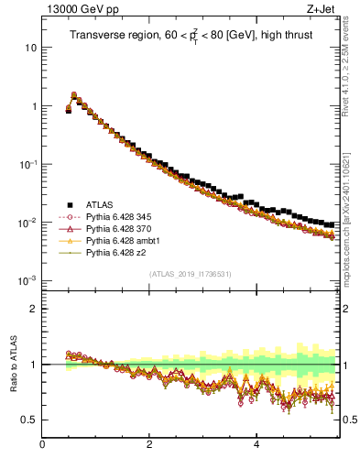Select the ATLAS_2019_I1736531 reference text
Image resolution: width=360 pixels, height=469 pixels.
coord(191,274)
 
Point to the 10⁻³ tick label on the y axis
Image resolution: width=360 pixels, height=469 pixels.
coord(28,280)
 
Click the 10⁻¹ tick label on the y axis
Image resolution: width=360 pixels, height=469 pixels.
coord(28,164)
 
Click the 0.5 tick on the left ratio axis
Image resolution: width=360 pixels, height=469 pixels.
coord(28,420)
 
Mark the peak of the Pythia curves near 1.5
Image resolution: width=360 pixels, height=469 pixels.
coord(74,94)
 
